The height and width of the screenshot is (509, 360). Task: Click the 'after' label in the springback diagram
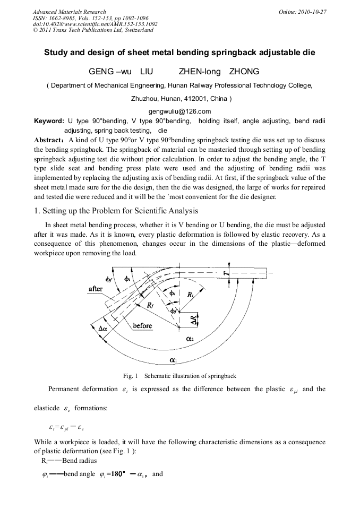[x=96, y=289]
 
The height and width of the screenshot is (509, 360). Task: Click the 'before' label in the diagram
[x=142, y=325]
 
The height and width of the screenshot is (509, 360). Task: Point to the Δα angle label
[x=103, y=329]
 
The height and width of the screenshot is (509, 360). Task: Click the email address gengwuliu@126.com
[x=180, y=111]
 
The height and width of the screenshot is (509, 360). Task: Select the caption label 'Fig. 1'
[x=131, y=376]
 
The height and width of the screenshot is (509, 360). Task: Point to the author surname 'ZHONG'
[x=244, y=72]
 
